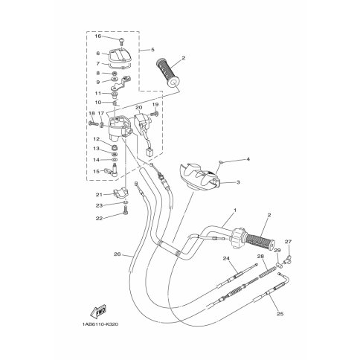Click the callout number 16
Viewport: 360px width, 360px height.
point(97,36)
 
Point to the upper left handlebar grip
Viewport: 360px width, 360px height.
point(169,71)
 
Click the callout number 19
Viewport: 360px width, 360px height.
point(156,105)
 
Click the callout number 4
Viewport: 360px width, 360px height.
point(228,159)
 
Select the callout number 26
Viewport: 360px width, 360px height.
point(117,254)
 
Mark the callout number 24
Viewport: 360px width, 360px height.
point(224,258)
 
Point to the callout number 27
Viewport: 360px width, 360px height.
point(289,242)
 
